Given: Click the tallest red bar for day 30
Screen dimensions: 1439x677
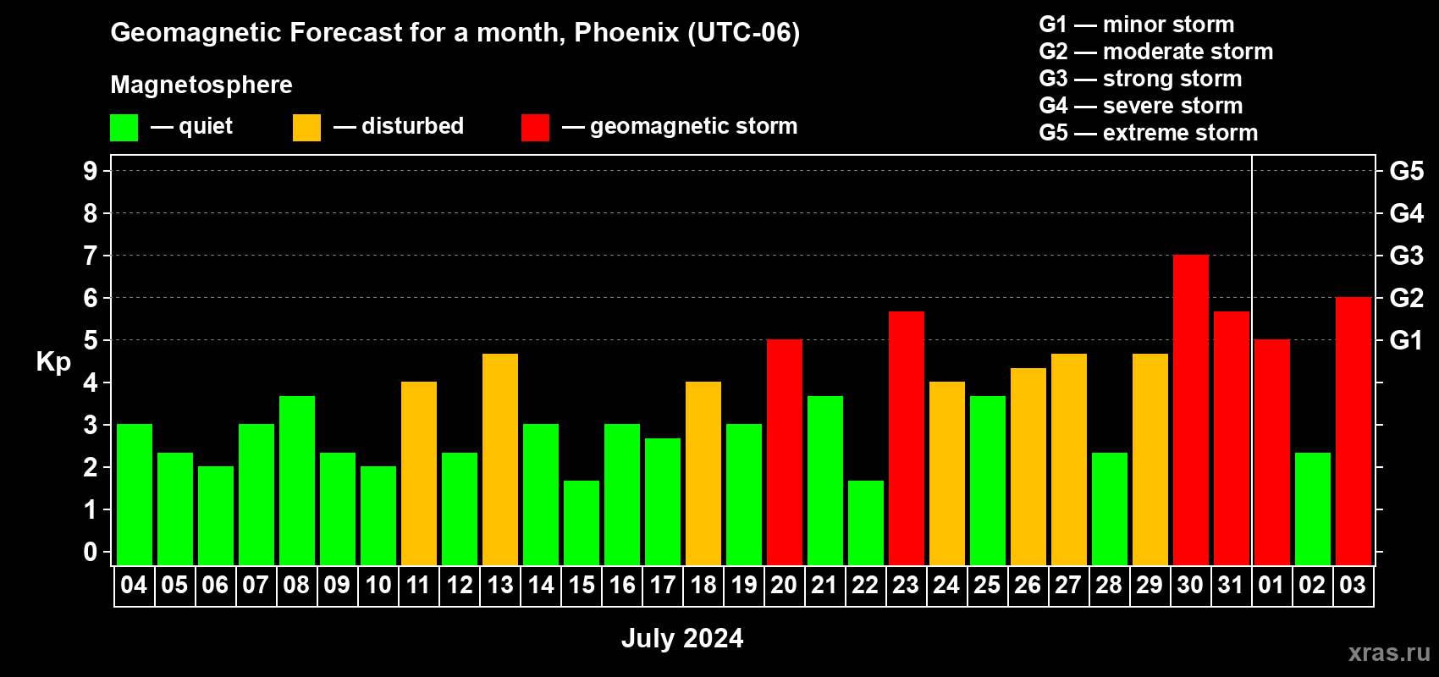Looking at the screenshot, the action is [1190, 410].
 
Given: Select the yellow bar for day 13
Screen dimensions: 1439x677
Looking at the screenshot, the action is [499, 460].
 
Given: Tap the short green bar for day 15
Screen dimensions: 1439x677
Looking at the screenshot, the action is [582, 523].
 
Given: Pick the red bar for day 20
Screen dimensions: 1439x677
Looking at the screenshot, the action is [785, 452].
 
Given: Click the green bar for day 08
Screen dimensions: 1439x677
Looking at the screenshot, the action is [297, 481].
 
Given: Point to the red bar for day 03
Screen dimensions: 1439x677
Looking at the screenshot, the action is [1353, 431].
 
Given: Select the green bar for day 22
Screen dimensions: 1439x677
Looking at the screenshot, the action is [865, 523].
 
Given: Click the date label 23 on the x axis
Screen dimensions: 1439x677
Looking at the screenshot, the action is [906, 585].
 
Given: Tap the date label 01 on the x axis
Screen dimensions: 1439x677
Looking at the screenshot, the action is [1271, 585].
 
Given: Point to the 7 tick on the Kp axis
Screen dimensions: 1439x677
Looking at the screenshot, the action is [90, 256].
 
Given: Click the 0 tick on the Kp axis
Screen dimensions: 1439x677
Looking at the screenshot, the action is [90, 552].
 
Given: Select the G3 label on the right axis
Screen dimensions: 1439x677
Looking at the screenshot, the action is [1406, 256].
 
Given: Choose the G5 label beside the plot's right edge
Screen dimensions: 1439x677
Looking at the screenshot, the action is [1406, 171].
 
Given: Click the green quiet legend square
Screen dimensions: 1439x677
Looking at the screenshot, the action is [124, 127].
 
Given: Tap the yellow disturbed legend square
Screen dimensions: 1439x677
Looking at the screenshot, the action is [306, 127].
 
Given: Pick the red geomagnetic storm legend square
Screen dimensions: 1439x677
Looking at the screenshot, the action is [535, 127].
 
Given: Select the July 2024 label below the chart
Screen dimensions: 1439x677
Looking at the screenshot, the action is [682, 638].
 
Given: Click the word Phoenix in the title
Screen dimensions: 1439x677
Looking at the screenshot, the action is [626, 32].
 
